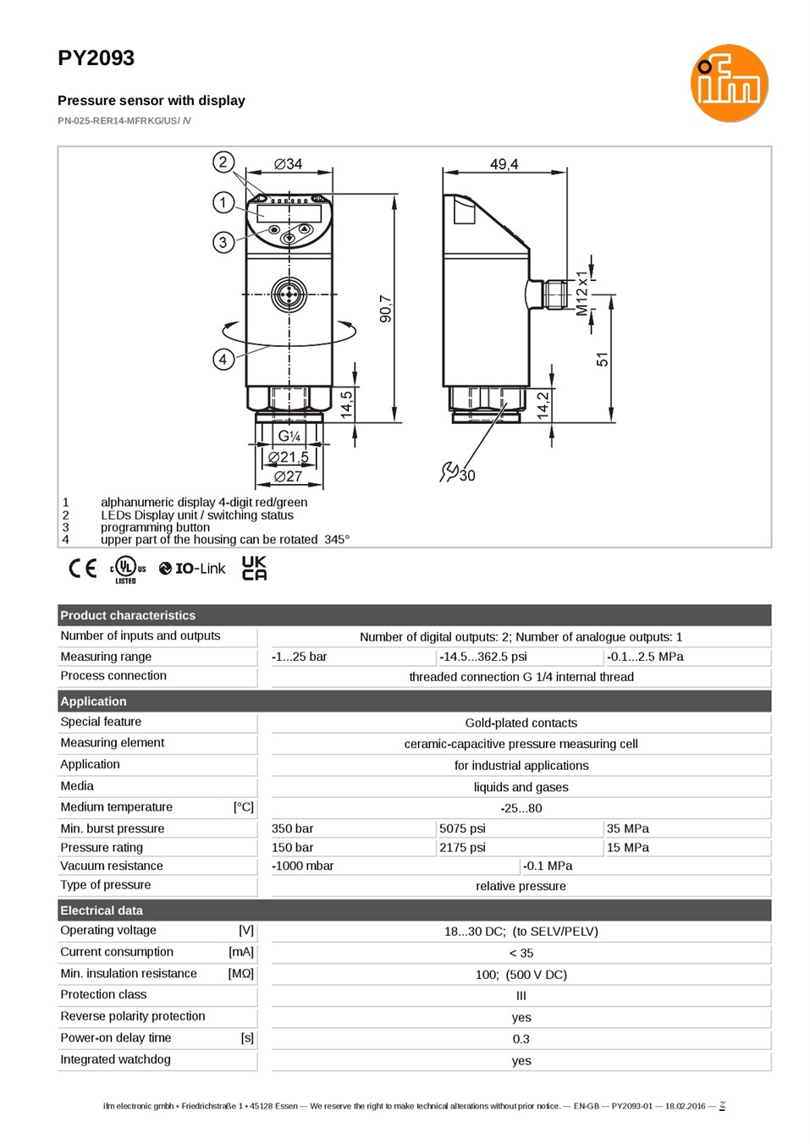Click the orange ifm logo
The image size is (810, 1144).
point(729,83)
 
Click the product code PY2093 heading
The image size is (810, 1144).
point(96,58)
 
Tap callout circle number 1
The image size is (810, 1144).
point(223,203)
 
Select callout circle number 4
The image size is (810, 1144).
point(223,359)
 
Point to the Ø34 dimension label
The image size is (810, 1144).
point(289,163)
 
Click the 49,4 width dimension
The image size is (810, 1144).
point(504,164)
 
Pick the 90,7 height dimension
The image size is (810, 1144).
point(386,309)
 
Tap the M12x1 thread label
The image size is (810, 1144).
point(582,294)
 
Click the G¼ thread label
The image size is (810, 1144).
point(289,436)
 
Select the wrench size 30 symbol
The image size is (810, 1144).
point(458,472)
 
